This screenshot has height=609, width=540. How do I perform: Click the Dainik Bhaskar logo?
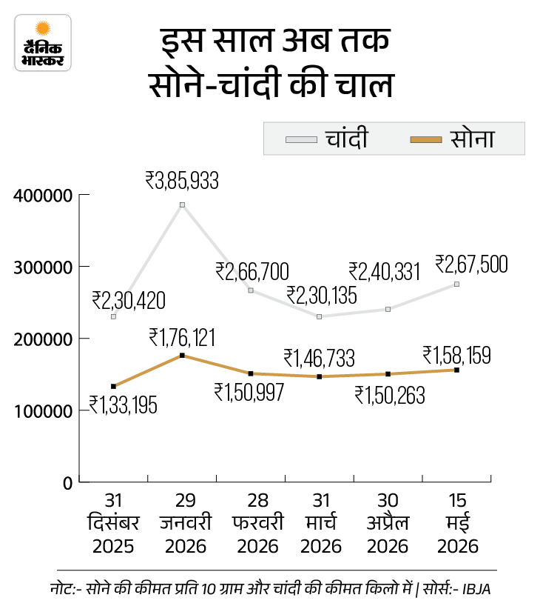[43, 43]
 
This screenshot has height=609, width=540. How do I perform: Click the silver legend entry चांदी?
[327, 139]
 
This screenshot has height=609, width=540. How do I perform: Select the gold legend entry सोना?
[453, 139]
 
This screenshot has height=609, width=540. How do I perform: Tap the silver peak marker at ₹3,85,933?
[182, 204]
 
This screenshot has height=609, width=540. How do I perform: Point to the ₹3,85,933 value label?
[182, 181]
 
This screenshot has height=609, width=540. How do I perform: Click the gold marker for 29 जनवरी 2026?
[182, 356]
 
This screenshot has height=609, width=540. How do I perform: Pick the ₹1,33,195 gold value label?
[124, 405]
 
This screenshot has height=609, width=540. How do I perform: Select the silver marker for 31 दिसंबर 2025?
[114, 316]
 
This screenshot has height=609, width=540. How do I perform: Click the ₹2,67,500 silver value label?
[471, 264]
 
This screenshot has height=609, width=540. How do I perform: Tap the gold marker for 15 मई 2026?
[456, 370]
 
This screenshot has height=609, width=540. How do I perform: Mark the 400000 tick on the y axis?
[84, 194]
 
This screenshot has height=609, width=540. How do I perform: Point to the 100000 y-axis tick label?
[43, 411]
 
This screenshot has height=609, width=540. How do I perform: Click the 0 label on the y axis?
[68, 483]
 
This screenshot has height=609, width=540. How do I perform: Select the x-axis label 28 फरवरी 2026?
[257, 523]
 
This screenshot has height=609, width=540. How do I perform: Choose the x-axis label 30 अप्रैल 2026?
[388, 523]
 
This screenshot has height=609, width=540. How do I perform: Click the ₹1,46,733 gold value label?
[320, 358]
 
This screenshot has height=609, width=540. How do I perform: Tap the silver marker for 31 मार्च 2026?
[320, 316]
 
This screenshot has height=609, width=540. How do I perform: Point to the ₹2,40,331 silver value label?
[385, 271]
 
